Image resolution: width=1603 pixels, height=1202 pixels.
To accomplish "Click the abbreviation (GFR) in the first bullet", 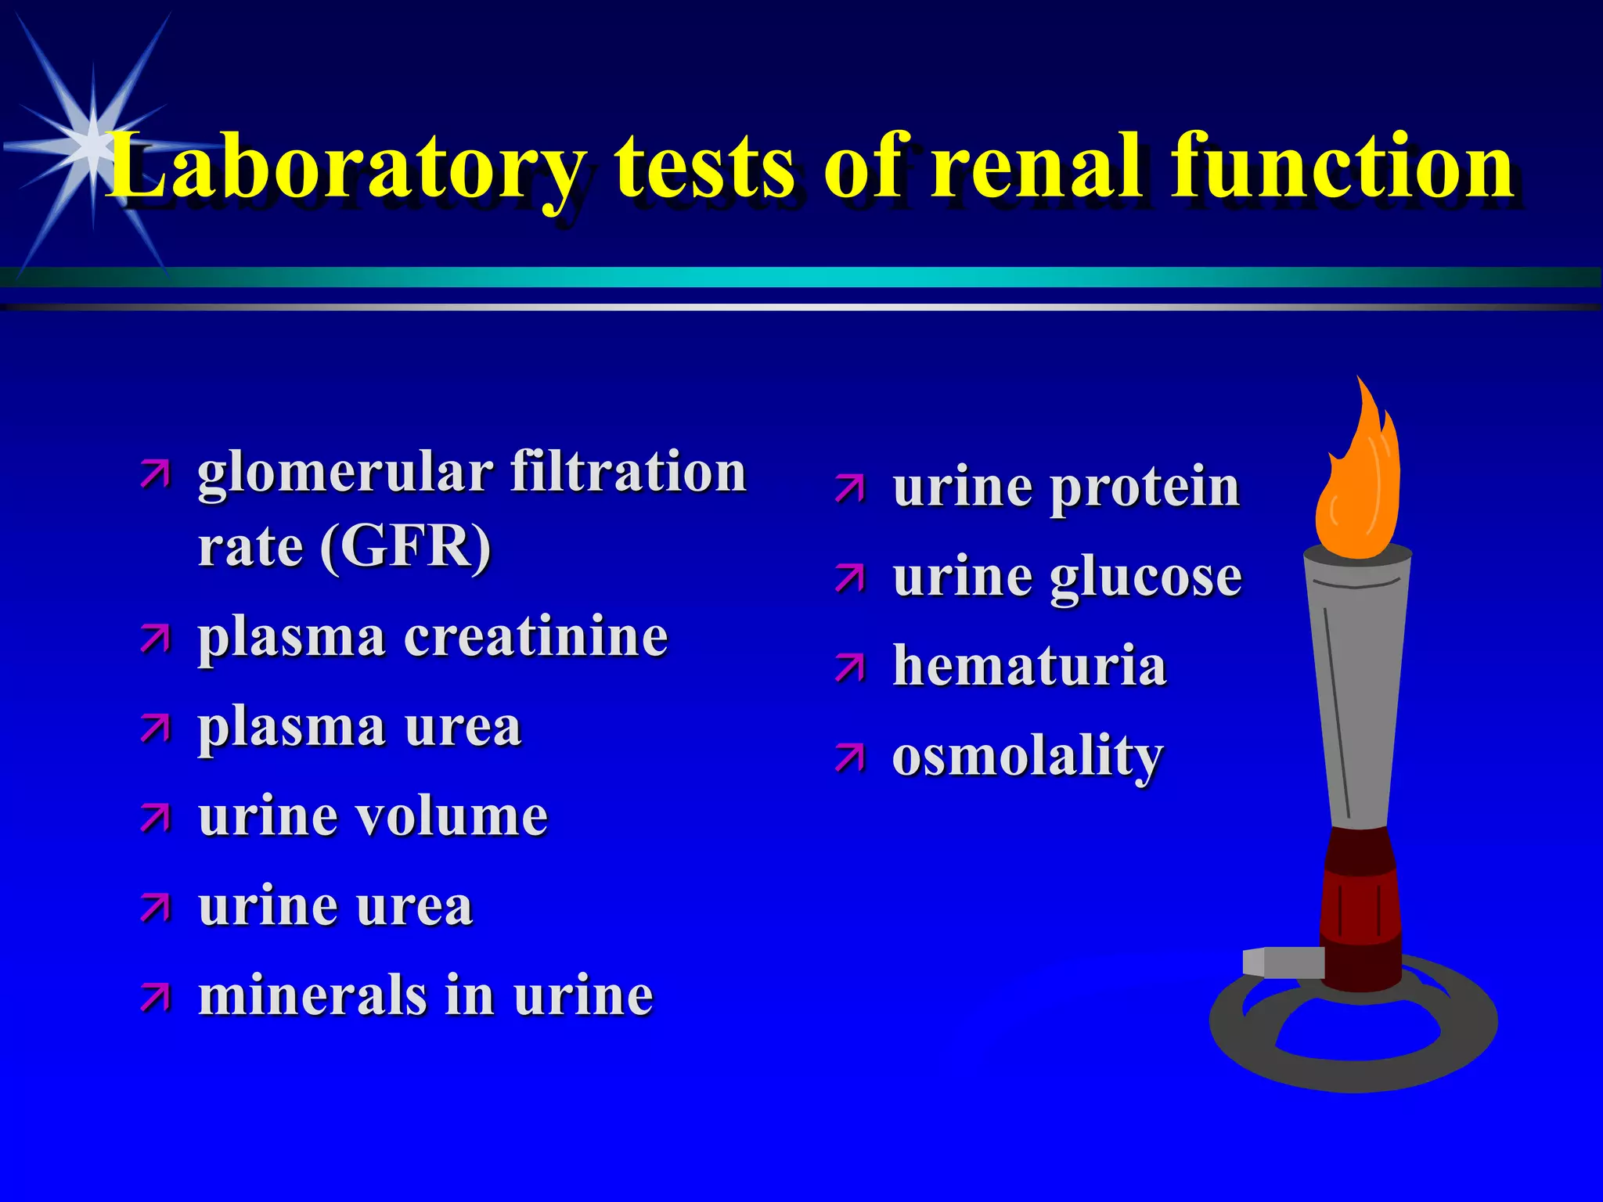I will [405, 545].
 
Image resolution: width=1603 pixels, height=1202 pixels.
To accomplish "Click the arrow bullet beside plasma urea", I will [155, 729].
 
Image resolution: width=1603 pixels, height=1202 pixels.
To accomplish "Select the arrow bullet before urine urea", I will [155, 909].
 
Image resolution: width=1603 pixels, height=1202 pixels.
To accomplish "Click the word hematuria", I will [1029, 666].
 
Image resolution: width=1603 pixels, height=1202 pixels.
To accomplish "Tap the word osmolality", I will [1028, 757].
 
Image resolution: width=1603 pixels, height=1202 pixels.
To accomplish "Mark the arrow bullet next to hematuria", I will [850, 669].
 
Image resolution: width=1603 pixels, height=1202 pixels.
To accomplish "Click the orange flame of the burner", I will [1358, 485].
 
